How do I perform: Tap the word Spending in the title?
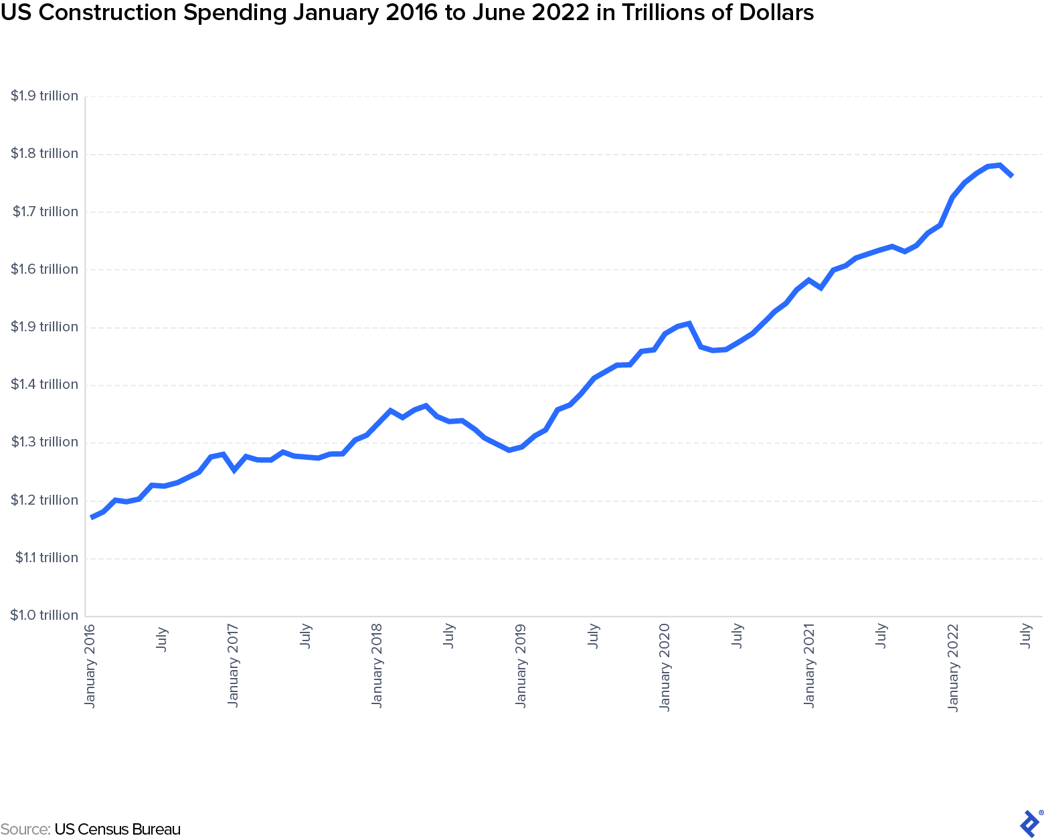click(224, 13)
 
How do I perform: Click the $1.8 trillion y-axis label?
click(44, 154)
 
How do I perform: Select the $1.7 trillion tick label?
click(45, 212)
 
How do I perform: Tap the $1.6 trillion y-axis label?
click(44, 270)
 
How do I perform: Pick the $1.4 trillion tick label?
click(44, 385)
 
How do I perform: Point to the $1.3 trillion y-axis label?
click(44, 442)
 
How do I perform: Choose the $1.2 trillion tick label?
click(44, 501)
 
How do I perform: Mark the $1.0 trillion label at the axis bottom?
click(44, 616)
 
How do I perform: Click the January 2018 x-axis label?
click(377, 665)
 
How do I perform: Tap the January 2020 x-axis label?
click(665, 667)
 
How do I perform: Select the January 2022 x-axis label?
click(953, 667)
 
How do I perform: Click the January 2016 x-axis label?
click(90, 665)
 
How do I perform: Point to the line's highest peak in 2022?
click(999, 165)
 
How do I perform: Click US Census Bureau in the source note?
click(118, 830)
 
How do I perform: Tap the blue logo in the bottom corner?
click(1029, 823)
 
